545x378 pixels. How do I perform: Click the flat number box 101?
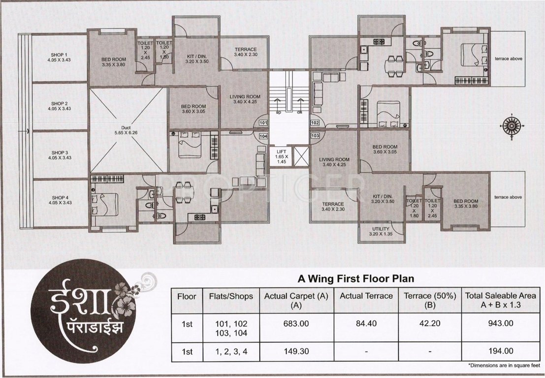coord(263,123)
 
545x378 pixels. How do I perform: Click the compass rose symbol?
coord(512,125)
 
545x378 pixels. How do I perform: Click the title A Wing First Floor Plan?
coord(356,278)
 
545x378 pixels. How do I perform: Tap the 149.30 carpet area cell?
coord(297,351)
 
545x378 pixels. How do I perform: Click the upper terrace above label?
coord(508,59)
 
